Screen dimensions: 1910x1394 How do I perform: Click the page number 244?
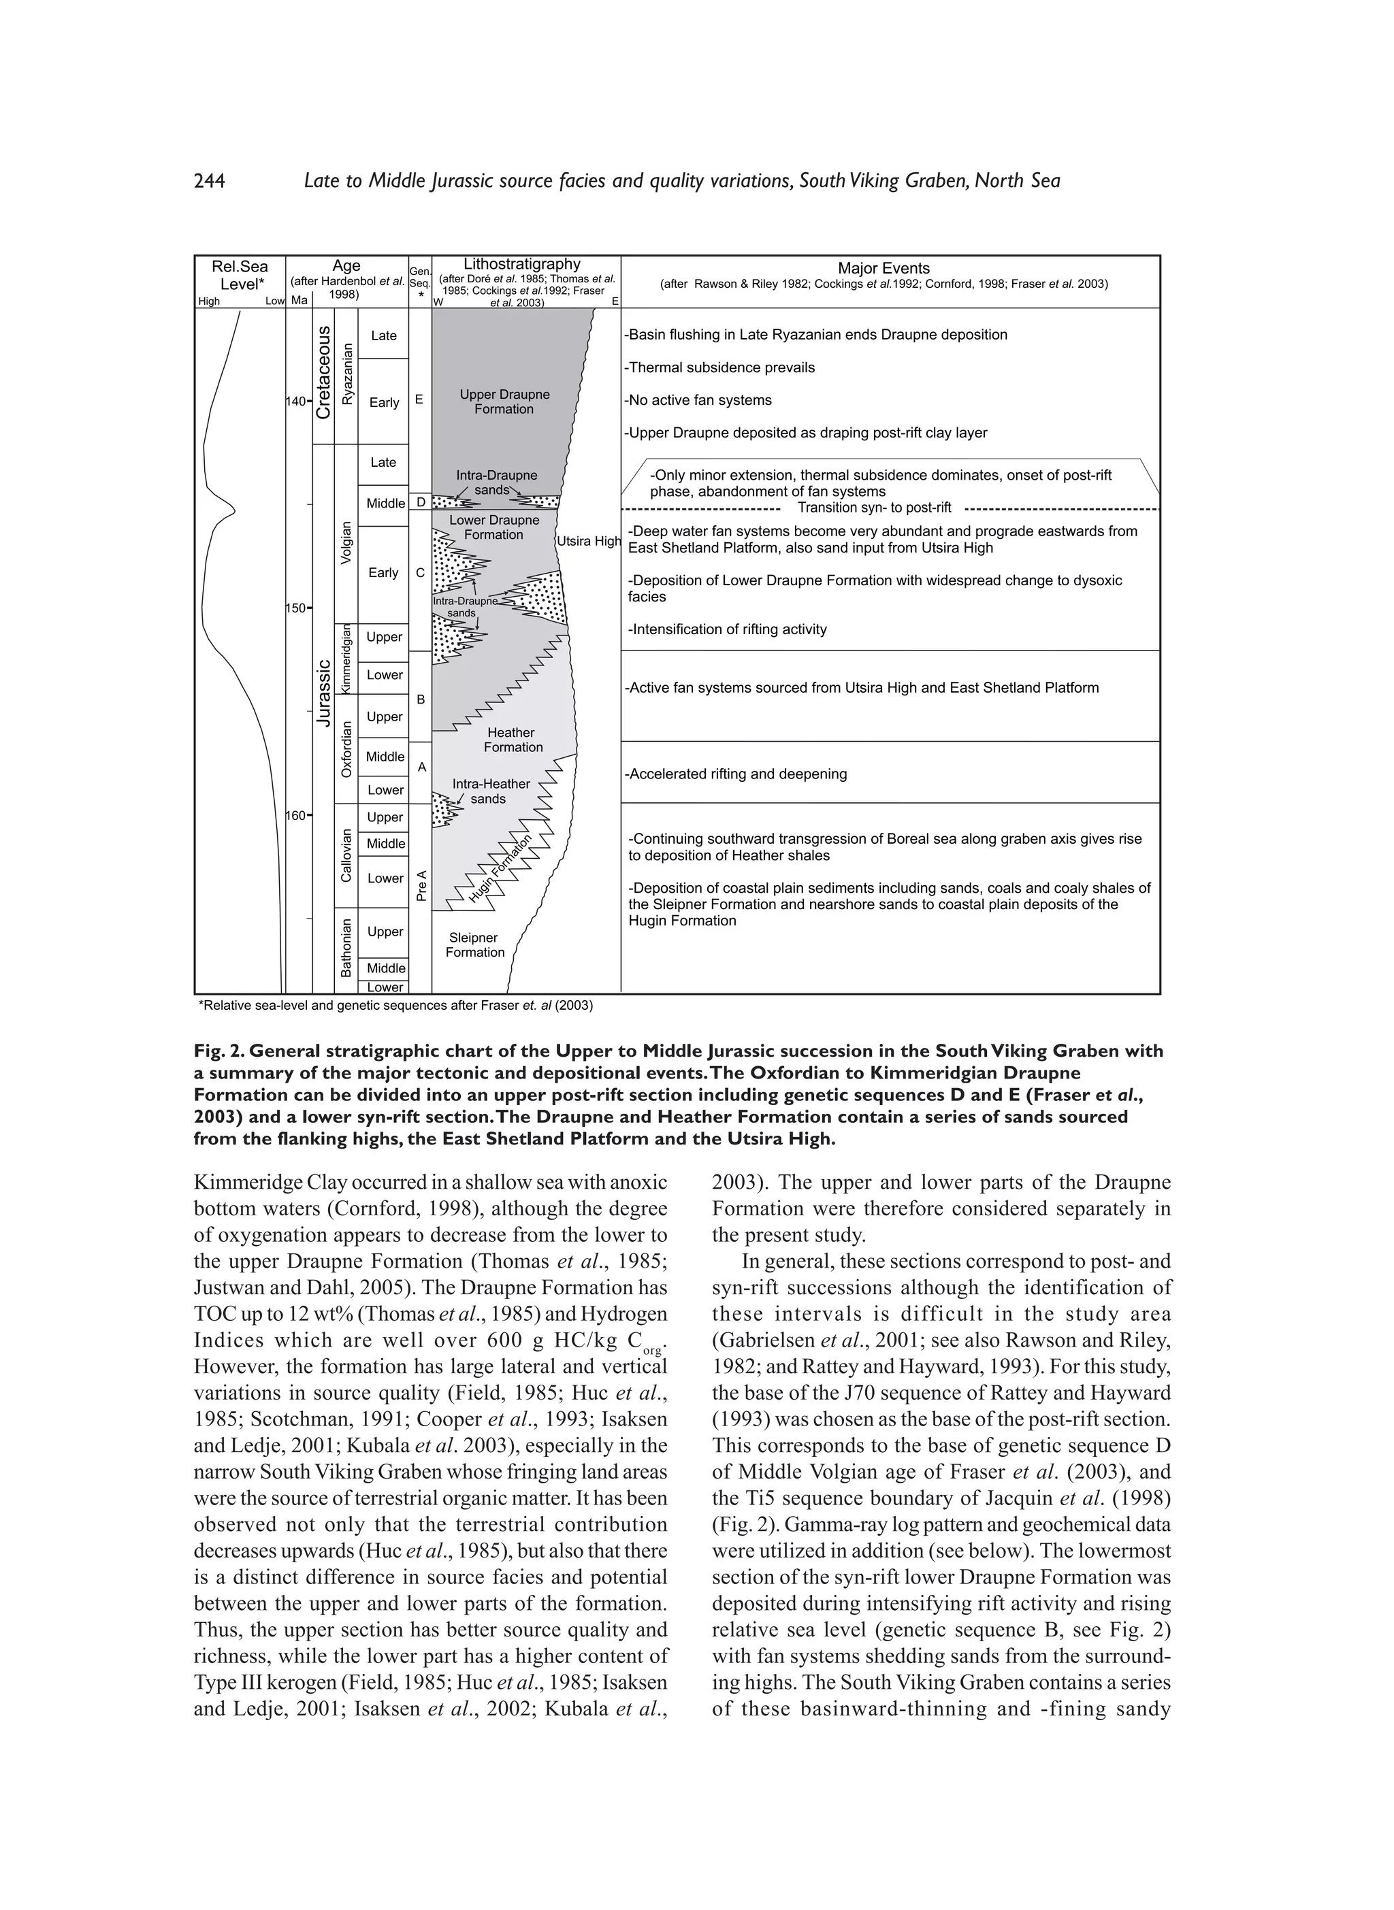click(209, 182)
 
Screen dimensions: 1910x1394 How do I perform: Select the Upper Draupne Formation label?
click(504, 401)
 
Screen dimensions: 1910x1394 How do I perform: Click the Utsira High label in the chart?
click(588, 541)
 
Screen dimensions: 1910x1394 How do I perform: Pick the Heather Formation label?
click(513, 740)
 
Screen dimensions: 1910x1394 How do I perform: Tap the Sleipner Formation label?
click(474, 945)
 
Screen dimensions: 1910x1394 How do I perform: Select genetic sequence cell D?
click(420, 503)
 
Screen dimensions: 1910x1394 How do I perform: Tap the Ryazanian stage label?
click(347, 380)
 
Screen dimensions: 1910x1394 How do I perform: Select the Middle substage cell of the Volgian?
click(385, 504)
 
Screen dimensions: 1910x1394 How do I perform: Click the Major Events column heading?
click(884, 268)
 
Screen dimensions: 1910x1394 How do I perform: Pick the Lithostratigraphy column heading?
click(521, 264)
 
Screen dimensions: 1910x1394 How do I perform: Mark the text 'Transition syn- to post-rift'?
click(874, 508)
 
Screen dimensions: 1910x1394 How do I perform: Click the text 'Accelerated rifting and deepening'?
click(736, 774)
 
